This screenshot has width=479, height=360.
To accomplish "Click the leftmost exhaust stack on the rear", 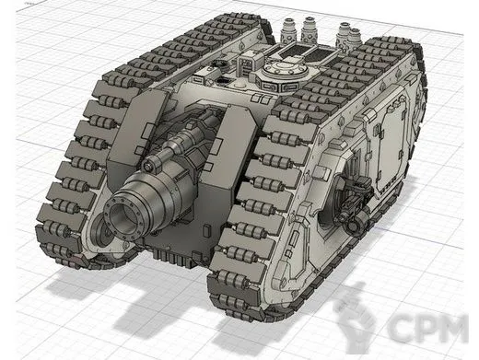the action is point(288,33).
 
